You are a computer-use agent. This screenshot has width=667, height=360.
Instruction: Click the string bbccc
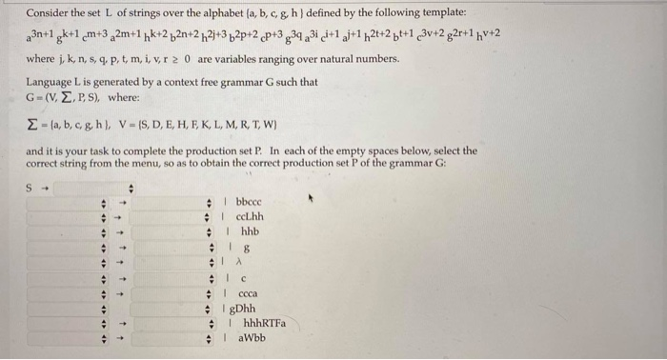coord(248,202)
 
